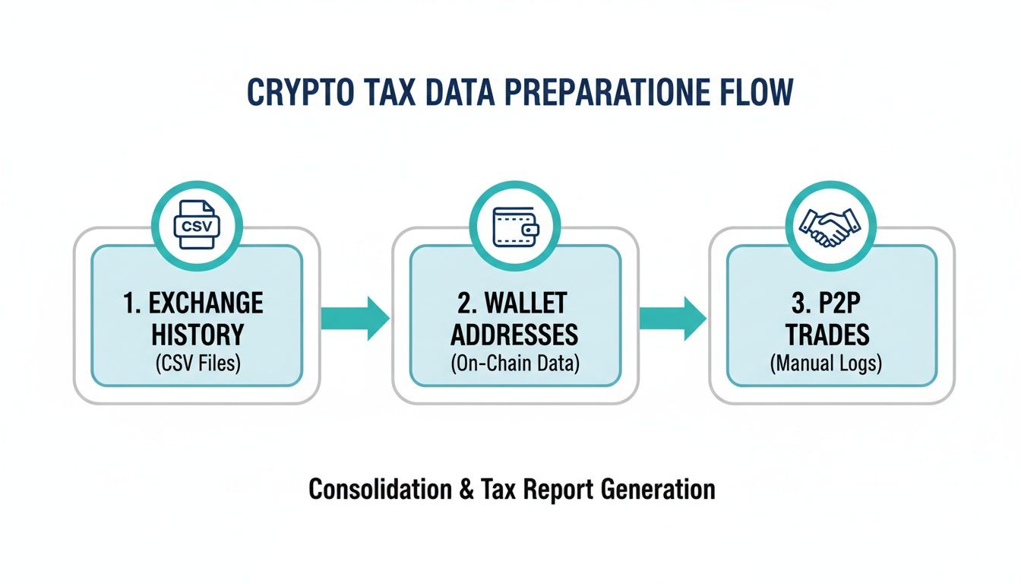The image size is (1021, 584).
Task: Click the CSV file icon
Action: [x=196, y=225]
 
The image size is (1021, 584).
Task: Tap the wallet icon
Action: [x=515, y=225]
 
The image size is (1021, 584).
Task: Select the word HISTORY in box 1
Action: [x=197, y=335]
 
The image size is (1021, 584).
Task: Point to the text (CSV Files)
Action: [x=197, y=363]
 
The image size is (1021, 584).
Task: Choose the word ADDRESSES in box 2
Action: [x=515, y=335]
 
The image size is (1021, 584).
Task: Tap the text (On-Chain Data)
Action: [x=515, y=363]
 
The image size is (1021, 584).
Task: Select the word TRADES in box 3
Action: [x=832, y=335]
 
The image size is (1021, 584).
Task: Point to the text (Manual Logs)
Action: [x=832, y=363]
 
